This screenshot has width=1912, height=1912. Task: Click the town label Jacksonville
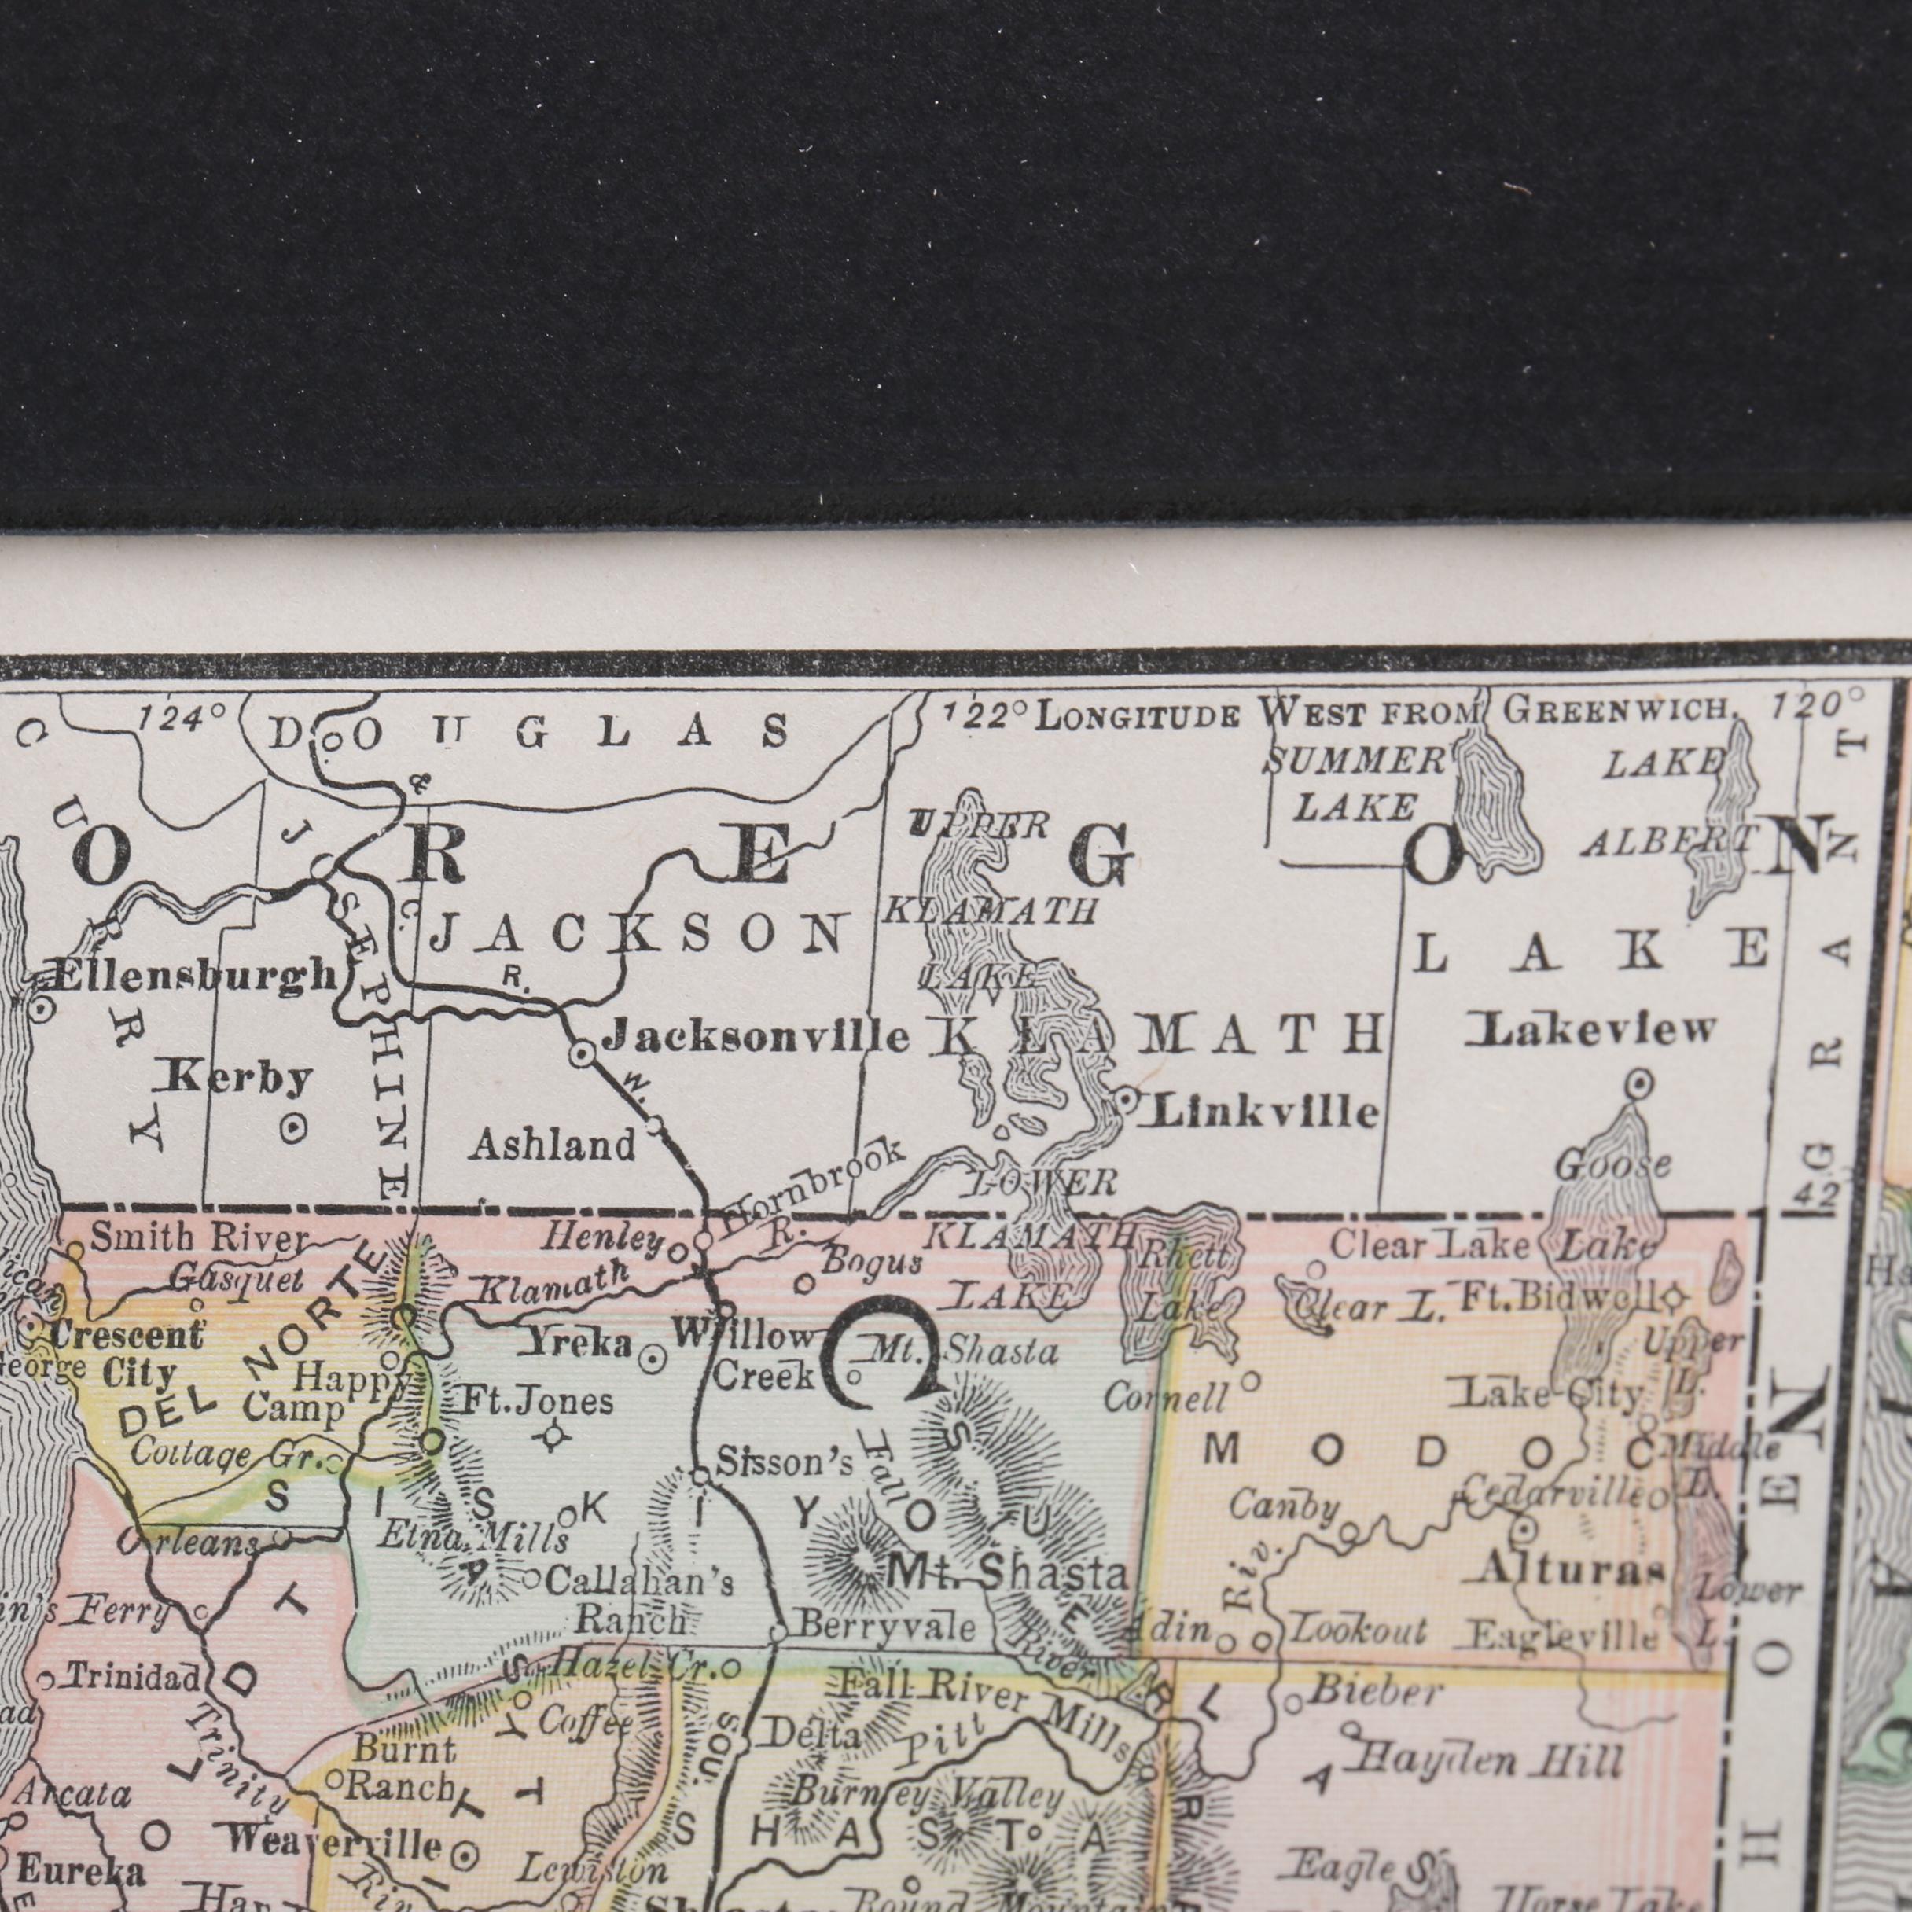757,1036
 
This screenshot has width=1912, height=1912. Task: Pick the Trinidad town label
134,1679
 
